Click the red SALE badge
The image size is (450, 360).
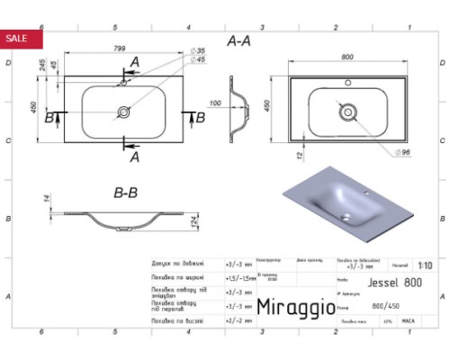17,38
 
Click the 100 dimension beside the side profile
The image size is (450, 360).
213,103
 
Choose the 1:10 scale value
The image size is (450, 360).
425,265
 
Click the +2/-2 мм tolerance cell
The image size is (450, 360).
236,319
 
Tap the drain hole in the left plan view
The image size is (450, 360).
123,112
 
